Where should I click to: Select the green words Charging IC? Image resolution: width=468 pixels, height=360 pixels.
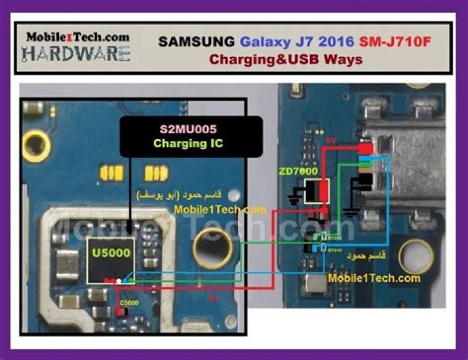pyautogui.click(x=188, y=144)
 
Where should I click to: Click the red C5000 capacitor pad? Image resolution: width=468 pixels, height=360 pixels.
pyautogui.click(x=119, y=311)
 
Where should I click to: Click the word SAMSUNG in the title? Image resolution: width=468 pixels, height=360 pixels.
pyautogui.click(x=197, y=42)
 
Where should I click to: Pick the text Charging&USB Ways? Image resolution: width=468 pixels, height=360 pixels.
pyautogui.click(x=285, y=59)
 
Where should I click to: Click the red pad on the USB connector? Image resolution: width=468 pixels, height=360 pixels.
pyautogui.click(x=367, y=149)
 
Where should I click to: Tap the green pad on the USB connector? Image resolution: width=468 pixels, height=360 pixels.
pyautogui.click(x=367, y=166)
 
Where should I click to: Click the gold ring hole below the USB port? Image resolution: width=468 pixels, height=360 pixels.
pyautogui.click(x=415, y=257)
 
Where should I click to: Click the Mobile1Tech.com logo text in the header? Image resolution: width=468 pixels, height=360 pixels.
pyautogui.click(x=77, y=37)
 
